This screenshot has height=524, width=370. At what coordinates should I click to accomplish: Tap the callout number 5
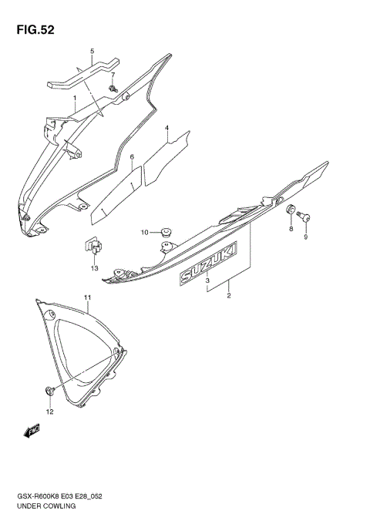point(92,52)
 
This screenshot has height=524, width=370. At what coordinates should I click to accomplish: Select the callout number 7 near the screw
point(113,75)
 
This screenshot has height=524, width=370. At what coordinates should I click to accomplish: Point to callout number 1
point(75,99)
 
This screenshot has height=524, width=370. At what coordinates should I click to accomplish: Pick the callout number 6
point(132,157)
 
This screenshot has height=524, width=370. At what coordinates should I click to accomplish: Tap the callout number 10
point(144,232)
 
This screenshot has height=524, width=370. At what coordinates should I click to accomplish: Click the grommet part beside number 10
point(163,230)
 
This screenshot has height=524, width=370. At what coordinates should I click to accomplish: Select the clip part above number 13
point(92,247)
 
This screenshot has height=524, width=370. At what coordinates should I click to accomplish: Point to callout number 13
point(94,267)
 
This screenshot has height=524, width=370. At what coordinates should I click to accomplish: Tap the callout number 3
point(207,281)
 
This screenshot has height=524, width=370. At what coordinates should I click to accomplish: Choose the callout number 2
point(229,294)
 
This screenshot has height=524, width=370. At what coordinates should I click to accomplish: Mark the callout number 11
point(88,297)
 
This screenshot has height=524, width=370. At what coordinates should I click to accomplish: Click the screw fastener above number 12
point(51,390)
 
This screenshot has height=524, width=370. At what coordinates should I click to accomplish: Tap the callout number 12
point(49,411)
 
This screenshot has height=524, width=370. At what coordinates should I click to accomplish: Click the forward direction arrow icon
point(32,433)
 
